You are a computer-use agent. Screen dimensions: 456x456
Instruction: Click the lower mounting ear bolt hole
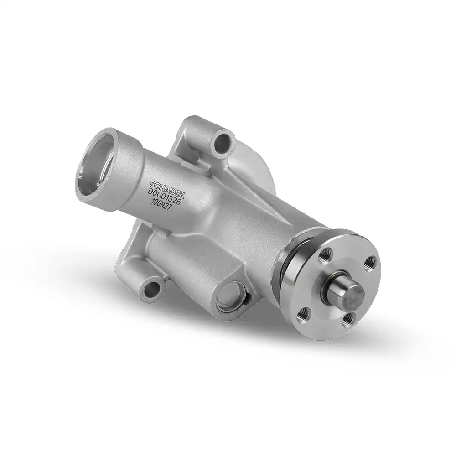151,289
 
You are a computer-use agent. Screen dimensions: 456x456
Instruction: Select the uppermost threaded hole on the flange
325,254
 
